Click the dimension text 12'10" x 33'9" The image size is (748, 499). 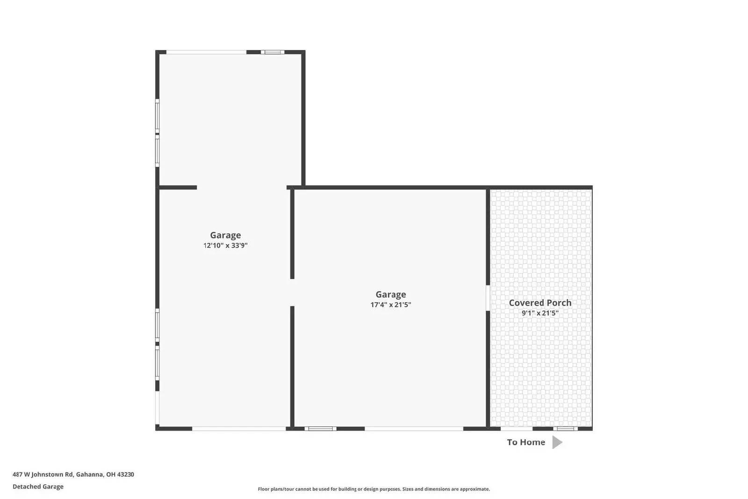pos(225,246)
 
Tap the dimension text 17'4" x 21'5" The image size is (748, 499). pos(391,305)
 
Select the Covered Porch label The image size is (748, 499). pos(540,303)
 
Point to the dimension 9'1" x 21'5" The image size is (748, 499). pos(540,313)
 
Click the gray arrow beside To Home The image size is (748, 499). pos(557,442)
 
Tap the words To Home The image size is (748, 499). pos(526,442)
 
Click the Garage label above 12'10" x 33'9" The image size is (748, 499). pos(225,235)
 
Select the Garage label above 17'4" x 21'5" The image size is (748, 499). pos(391,294)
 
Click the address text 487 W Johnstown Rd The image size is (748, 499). pos(43,474)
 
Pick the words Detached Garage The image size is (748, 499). pos(38,486)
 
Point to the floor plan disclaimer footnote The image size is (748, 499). pos(374,489)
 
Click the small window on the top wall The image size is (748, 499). pos(273,52)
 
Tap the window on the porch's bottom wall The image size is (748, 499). pos(565,428)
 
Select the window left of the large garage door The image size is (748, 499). pos(320,428)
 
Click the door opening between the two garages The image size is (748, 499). pos(292,293)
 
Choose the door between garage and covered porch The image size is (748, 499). pos(488,298)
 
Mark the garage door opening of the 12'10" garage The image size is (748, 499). pos(239,428)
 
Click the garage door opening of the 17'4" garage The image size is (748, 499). pos(414,428)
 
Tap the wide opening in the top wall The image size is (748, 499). pos(206,52)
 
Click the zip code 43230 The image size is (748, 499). pos(125,474)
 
